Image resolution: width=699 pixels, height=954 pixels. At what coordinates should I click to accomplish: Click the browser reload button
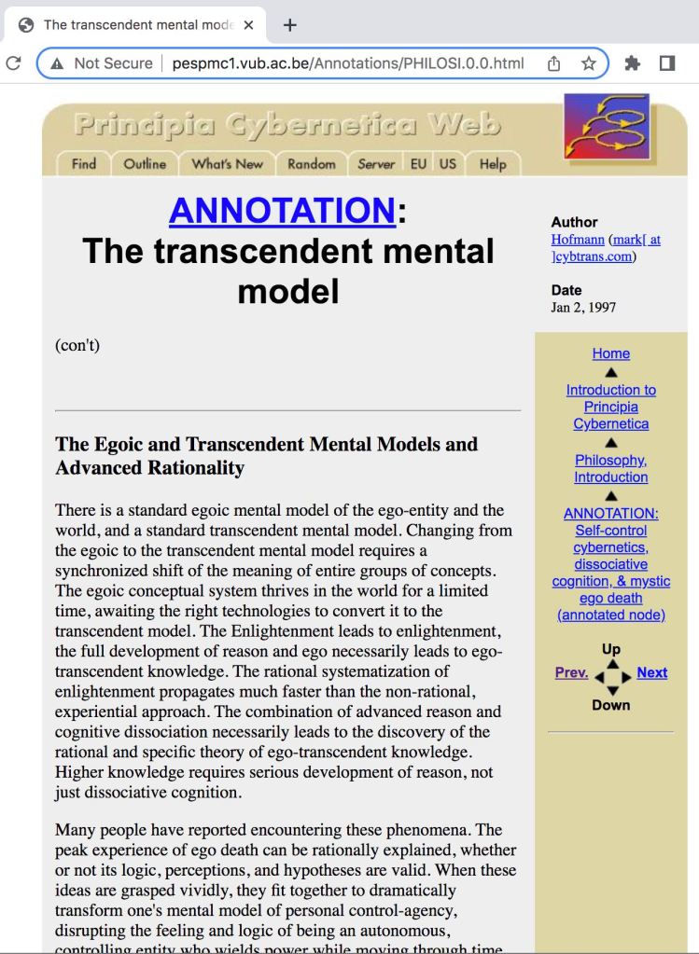click(x=13, y=63)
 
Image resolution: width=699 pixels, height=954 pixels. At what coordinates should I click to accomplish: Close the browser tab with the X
click(x=248, y=25)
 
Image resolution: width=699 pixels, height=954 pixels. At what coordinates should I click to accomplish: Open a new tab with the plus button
click(x=289, y=25)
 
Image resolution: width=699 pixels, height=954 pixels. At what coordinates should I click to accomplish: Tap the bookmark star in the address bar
click(x=589, y=63)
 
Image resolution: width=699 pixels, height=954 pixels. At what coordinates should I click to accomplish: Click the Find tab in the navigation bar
click(x=84, y=164)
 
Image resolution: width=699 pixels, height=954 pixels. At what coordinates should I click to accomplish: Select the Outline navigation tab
click(x=145, y=164)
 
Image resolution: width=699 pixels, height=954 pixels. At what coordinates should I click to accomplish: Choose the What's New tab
click(x=227, y=164)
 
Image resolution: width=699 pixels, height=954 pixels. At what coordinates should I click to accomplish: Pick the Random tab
click(x=311, y=164)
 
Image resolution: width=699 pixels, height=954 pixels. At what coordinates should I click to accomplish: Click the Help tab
click(x=493, y=164)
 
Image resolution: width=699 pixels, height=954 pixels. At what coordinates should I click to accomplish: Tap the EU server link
click(x=418, y=164)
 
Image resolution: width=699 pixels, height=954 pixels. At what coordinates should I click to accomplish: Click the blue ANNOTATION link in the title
click(x=282, y=211)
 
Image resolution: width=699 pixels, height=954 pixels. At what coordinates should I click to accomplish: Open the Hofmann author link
click(x=577, y=240)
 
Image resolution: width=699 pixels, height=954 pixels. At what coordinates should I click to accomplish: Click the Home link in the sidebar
click(x=611, y=353)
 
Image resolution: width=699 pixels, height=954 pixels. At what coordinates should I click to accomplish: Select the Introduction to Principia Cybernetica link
click(x=611, y=407)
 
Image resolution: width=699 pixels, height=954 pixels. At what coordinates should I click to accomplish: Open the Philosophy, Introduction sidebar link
click(x=611, y=468)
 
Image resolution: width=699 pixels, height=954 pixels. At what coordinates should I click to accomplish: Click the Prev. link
click(x=571, y=672)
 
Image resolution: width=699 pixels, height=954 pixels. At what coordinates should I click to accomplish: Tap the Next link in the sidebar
click(x=652, y=672)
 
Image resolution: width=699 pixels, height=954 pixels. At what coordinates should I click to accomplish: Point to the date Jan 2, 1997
click(x=583, y=307)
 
